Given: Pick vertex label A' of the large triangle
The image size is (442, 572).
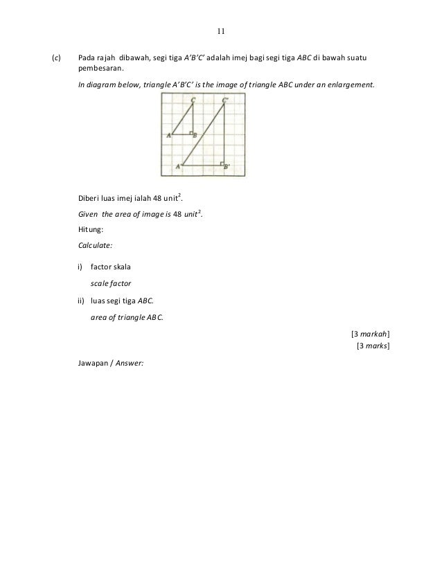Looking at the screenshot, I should pyautogui.click(x=179, y=166).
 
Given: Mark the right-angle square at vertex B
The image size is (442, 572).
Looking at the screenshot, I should pyautogui.click(x=191, y=133).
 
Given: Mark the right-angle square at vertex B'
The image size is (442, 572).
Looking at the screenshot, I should pyautogui.click(x=222, y=164).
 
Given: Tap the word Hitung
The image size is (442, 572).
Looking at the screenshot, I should pyautogui.click(x=88, y=231).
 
